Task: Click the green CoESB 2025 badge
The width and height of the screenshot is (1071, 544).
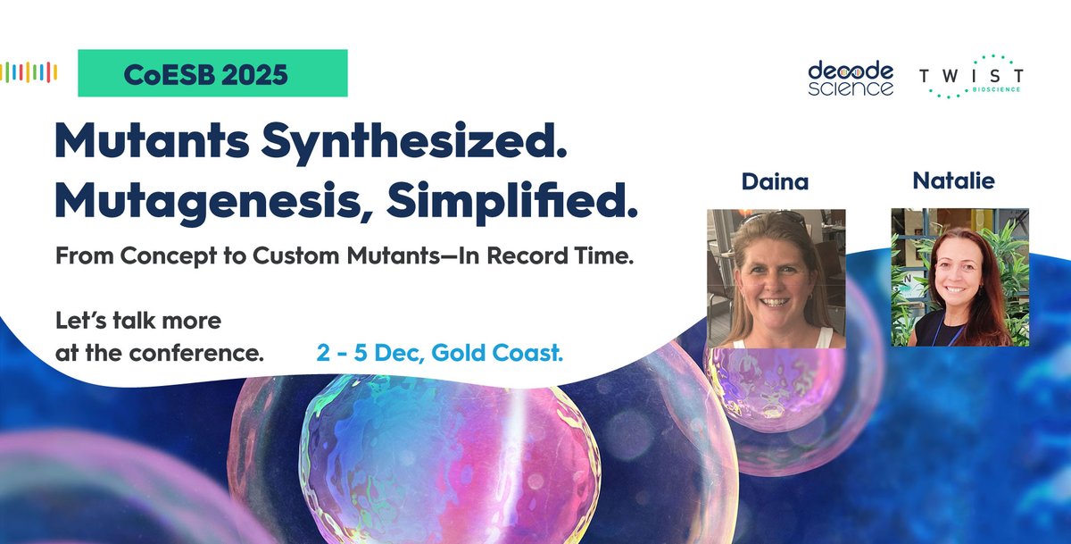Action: (x=212, y=73)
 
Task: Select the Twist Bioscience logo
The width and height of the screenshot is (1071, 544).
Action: (x=972, y=77)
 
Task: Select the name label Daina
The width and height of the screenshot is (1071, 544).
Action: (x=776, y=182)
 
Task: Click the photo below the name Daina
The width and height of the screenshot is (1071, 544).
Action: (x=776, y=278)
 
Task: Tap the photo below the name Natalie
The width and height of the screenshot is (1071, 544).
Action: (x=960, y=278)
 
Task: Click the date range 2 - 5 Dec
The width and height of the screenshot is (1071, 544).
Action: (x=369, y=353)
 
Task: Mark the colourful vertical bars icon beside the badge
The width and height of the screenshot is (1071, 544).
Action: (x=30, y=72)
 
